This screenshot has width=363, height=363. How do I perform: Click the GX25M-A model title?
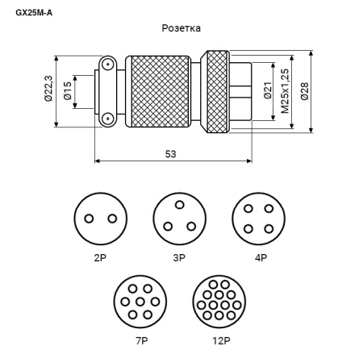tap(34, 13)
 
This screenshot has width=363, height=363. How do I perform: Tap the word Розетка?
tap(181, 28)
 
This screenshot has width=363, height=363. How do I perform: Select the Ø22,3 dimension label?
tap(48, 89)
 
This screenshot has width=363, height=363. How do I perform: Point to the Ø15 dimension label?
tap(68, 90)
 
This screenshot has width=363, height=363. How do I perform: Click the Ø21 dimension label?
tap(268, 90)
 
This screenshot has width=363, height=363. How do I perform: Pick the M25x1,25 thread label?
tap(285, 91)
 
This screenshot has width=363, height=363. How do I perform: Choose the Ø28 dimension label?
tap(305, 91)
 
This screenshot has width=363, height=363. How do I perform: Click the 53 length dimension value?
tap(170, 154)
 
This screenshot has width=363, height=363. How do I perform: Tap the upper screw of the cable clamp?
tap(107, 65)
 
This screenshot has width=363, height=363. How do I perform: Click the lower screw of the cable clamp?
tap(107, 119)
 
